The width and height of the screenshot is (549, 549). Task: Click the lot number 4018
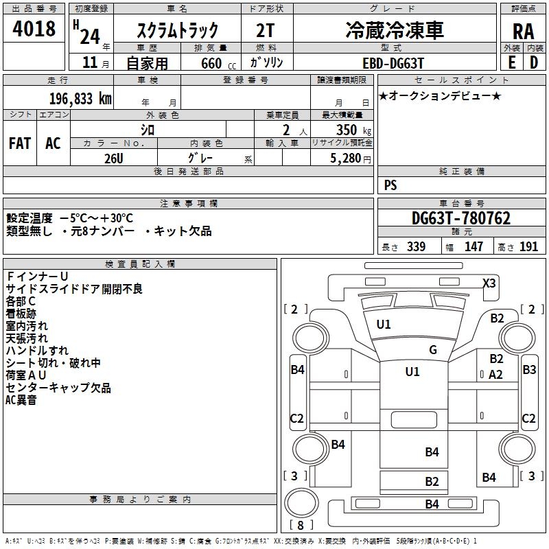click(34, 30)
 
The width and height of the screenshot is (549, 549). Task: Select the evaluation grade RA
click(523, 32)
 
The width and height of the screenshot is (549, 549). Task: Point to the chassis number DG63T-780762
click(461, 219)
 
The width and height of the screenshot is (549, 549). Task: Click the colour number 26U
click(114, 157)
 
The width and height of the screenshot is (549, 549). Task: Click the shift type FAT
click(20, 143)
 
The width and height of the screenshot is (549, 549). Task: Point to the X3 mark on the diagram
click(489, 283)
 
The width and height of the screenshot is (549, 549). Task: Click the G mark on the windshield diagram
click(433, 349)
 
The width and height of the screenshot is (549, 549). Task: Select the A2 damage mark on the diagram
click(496, 374)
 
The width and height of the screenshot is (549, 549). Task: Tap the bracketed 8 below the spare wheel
click(301, 526)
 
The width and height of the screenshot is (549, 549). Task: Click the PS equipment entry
click(390, 185)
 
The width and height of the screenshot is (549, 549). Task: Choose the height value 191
click(529, 247)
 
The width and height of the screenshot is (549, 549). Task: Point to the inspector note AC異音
click(21, 400)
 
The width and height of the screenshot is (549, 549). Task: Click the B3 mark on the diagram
click(529, 370)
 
